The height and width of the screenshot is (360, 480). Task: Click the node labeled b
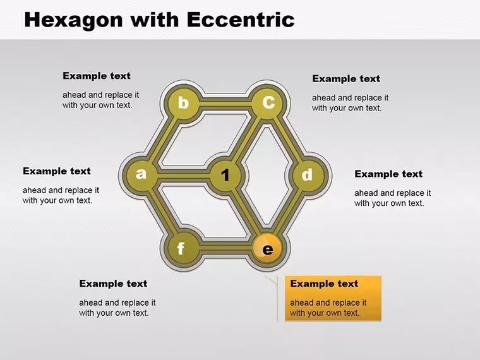click(x=183, y=102)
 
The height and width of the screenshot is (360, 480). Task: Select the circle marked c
click(x=268, y=102)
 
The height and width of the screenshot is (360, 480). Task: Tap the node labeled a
click(x=141, y=174)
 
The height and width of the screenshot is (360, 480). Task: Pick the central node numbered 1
click(x=225, y=175)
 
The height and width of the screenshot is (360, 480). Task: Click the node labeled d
click(x=308, y=175)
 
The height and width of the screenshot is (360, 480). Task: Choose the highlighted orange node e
click(x=268, y=248)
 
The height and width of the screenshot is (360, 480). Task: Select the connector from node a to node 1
click(x=183, y=175)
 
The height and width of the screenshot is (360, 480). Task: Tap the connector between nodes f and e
click(x=226, y=246)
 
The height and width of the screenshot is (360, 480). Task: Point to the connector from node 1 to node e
click(x=247, y=212)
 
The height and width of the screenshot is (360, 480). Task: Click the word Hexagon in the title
click(x=73, y=20)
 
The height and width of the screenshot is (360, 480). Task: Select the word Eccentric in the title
click(x=241, y=20)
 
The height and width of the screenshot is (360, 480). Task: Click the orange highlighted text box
click(x=333, y=298)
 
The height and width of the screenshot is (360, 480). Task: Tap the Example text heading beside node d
click(x=388, y=174)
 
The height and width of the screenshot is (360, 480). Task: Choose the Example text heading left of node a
click(x=57, y=171)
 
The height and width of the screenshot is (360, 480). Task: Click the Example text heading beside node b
click(x=97, y=76)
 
